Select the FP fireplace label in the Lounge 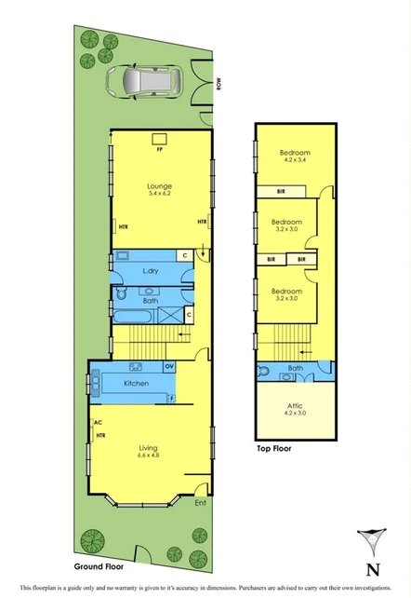(160, 148)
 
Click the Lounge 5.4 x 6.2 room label (160, 191)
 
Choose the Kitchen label (136, 383)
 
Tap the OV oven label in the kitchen (168, 365)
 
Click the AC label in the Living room (97, 422)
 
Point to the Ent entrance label (199, 504)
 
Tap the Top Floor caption (276, 448)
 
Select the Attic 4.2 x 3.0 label (296, 412)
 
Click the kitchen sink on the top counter (135, 365)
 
